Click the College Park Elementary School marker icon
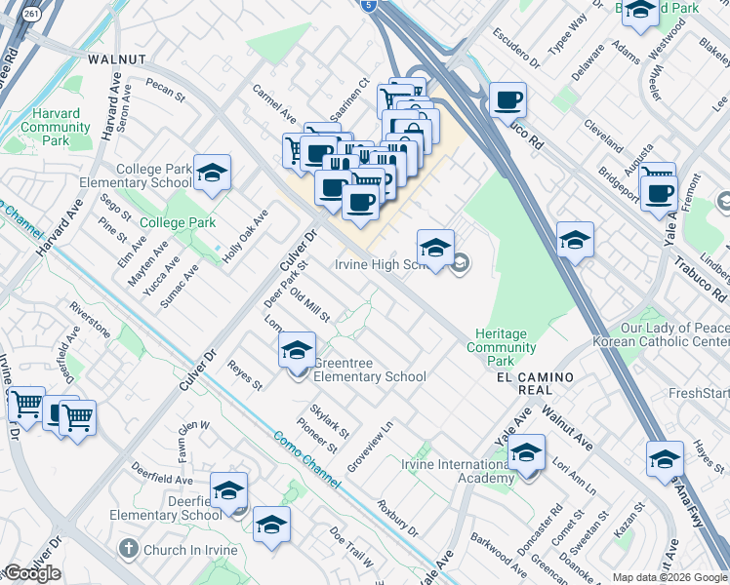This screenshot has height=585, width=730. (212, 174)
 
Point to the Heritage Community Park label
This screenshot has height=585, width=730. (502, 340)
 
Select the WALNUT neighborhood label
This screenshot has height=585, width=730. (116, 59)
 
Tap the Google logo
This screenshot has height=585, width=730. (32, 573)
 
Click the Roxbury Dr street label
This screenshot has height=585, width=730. (397, 521)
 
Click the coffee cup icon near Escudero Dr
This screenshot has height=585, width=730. (507, 99)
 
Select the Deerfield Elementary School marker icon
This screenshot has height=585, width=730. (228, 490)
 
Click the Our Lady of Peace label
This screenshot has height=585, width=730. (661, 329)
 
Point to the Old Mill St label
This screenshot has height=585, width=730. (310, 305)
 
